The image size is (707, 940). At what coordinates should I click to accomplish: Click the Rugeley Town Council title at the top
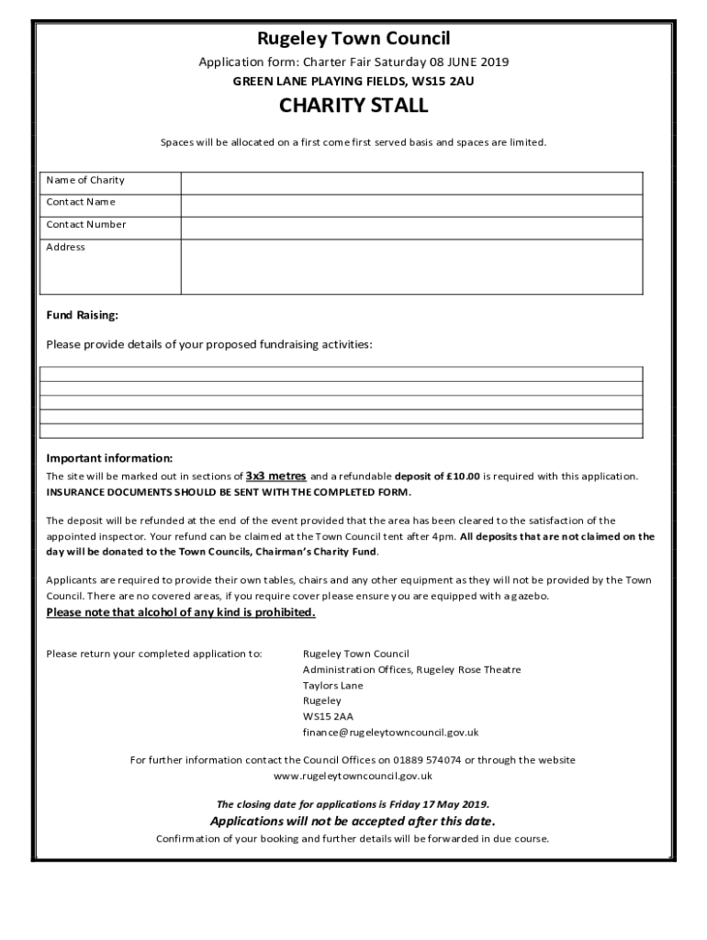point(353,39)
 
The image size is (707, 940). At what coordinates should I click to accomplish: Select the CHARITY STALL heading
point(353,106)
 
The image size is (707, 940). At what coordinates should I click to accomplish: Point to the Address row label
point(65,247)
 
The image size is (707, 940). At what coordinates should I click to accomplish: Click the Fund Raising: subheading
point(83,316)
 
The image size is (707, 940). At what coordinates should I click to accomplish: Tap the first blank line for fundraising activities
point(341,373)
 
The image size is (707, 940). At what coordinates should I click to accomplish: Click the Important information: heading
point(109,458)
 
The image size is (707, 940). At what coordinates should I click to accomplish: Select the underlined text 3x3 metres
point(275,476)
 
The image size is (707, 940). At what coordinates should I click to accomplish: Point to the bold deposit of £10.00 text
point(437,476)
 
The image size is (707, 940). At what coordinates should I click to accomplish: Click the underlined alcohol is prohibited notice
point(181,612)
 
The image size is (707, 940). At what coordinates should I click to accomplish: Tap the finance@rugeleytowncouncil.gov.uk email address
point(390,733)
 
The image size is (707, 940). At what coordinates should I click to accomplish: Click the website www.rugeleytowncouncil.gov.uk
point(353,776)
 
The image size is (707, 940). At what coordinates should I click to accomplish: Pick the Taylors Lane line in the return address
point(332,686)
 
